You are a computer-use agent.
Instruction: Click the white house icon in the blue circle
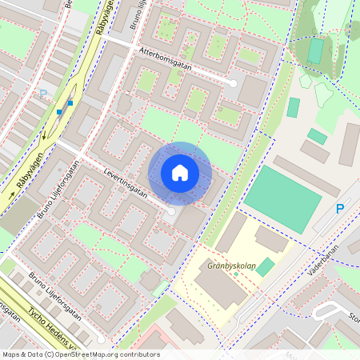[180, 173]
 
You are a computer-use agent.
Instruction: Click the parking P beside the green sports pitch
[340, 210]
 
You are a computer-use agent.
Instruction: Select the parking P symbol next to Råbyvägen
[43, 94]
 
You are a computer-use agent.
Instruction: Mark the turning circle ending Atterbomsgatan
[233, 82]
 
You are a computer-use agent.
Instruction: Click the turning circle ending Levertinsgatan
[170, 210]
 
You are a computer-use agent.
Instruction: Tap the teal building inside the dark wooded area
[316, 50]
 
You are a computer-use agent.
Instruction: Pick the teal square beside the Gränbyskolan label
[265, 267]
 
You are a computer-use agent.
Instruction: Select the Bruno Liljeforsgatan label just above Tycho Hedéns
[56, 295]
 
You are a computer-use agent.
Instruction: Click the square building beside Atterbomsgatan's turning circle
[252, 91]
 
